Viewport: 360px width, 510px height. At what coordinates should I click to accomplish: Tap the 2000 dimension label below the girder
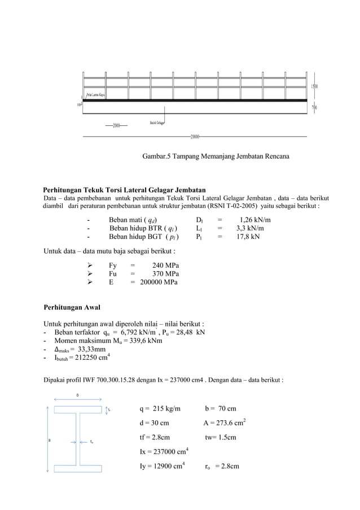pos(117,125)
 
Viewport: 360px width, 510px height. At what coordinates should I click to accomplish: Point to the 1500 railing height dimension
pos(314,86)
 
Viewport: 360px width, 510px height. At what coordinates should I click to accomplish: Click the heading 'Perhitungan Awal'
pos(72,308)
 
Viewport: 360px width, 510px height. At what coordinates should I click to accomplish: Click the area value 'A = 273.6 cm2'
pos(224,423)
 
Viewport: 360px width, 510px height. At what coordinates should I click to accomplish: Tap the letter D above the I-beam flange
pos(78,395)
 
